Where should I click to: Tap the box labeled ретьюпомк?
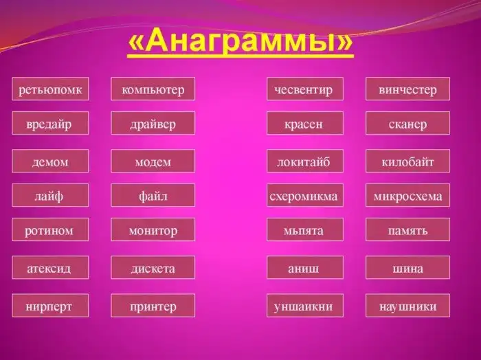50,89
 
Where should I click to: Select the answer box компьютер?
153,89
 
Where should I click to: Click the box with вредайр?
50,124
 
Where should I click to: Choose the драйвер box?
153,124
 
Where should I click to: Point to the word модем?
153,161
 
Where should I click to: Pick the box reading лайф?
50,196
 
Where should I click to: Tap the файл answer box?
153,196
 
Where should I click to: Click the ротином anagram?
50,230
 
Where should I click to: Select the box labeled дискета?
153,268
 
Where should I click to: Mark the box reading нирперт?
50,306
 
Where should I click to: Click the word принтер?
153,306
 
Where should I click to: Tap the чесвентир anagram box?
304,89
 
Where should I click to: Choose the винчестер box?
407,89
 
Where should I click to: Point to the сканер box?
407,124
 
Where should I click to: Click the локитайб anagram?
304,161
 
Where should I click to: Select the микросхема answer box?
407,196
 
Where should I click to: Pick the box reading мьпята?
304,230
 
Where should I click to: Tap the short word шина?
407,268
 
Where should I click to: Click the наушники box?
407,306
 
